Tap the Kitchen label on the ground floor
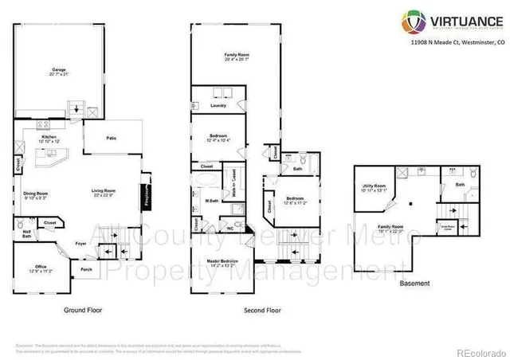(49, 136)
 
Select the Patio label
(112, 139)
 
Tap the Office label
(40, 266)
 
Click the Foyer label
(80, 242)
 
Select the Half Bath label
(26, 233)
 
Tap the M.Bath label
(213, 201)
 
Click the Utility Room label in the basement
(374, 187)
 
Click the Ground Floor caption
(83, 309)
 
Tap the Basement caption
(414, 284)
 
